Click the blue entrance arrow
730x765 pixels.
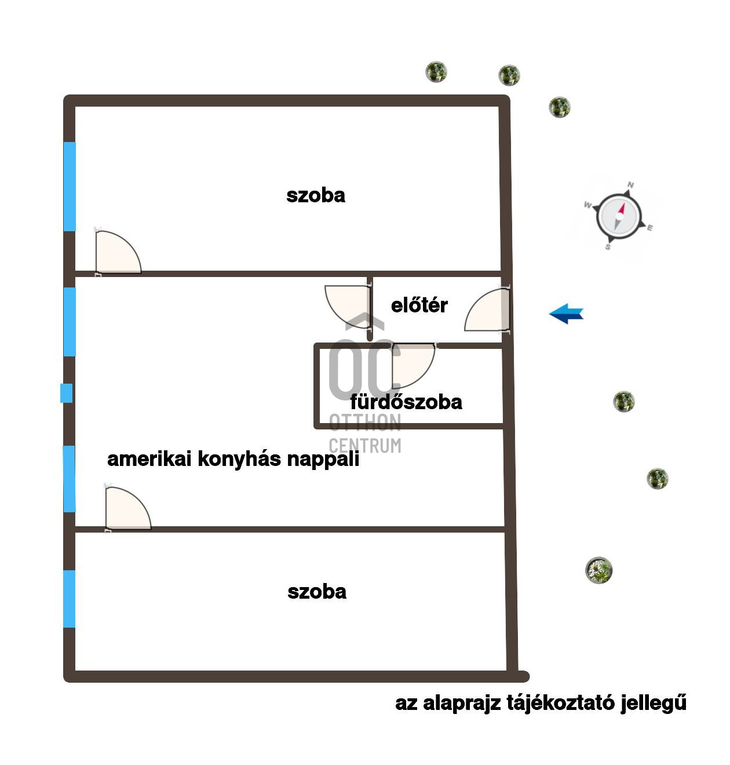pos(566,313)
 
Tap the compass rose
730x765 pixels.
pos(619,216)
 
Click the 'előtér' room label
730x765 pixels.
pos(419,305)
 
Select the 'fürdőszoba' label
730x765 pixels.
pos(406,402)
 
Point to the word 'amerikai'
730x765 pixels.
pos(149,459)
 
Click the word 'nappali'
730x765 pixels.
pos(323,459)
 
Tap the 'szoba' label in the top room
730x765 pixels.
pos(316,195)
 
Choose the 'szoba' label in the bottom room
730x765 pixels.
pos(317,592)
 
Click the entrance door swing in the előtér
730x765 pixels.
pos(487,309)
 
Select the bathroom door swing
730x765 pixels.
pos(413,366)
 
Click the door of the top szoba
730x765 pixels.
pos(118,252)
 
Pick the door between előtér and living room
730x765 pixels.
pos(348,307)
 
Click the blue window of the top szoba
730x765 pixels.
pos(70,187)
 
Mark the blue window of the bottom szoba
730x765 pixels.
pos(70,599)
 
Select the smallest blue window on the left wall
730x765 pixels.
pos(66,393)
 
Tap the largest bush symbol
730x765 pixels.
pos(599,570)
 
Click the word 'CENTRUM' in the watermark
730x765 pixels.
pos(365,446)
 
